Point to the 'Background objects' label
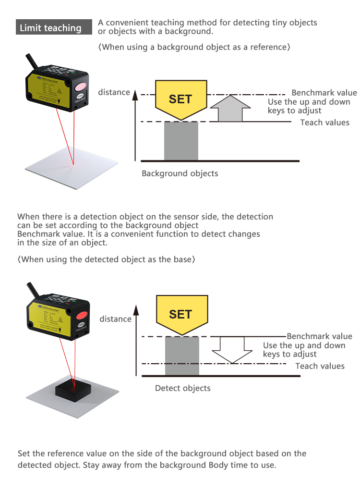180,173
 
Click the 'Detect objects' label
182,388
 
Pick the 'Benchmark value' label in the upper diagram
324,93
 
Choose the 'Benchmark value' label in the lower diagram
319,336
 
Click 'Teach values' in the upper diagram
324,123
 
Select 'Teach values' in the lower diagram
320,366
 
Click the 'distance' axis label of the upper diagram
114,92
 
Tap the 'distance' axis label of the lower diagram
115,319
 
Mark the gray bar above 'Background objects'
181,140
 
